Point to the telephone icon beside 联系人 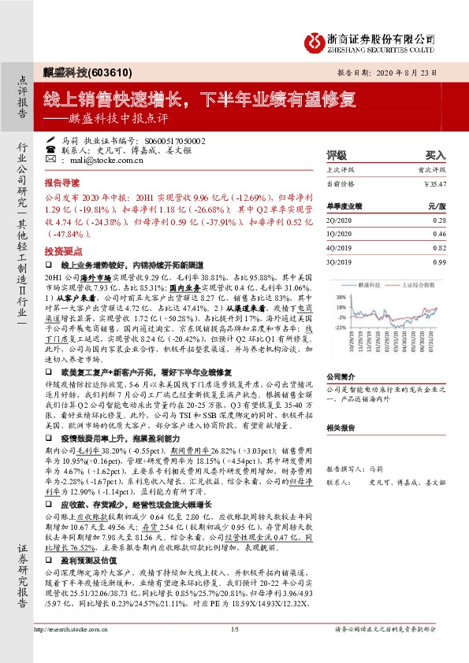[x=51, y=148]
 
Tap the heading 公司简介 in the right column [x=341, y=376]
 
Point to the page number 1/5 [x=234, y=650]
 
